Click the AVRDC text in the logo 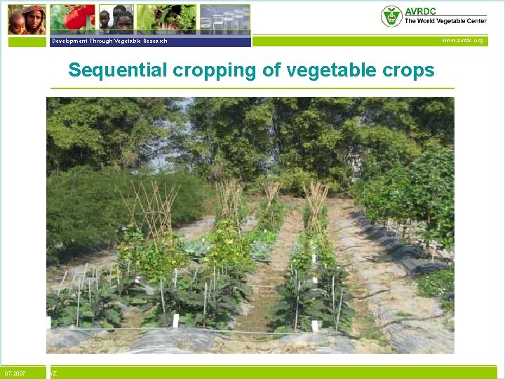click(419, 11)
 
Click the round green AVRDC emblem click(391, 16)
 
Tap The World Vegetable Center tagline click(445, 21)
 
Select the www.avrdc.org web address click(462, 41)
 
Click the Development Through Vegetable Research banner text click(109, 41)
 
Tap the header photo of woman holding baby click(27, 20)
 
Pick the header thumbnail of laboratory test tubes click(224, 19)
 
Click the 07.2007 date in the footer click(15, 373)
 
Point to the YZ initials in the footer click(53, 373)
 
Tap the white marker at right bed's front click(315, 325)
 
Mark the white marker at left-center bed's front click(176, 320)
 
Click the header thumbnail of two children click(116, 19)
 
